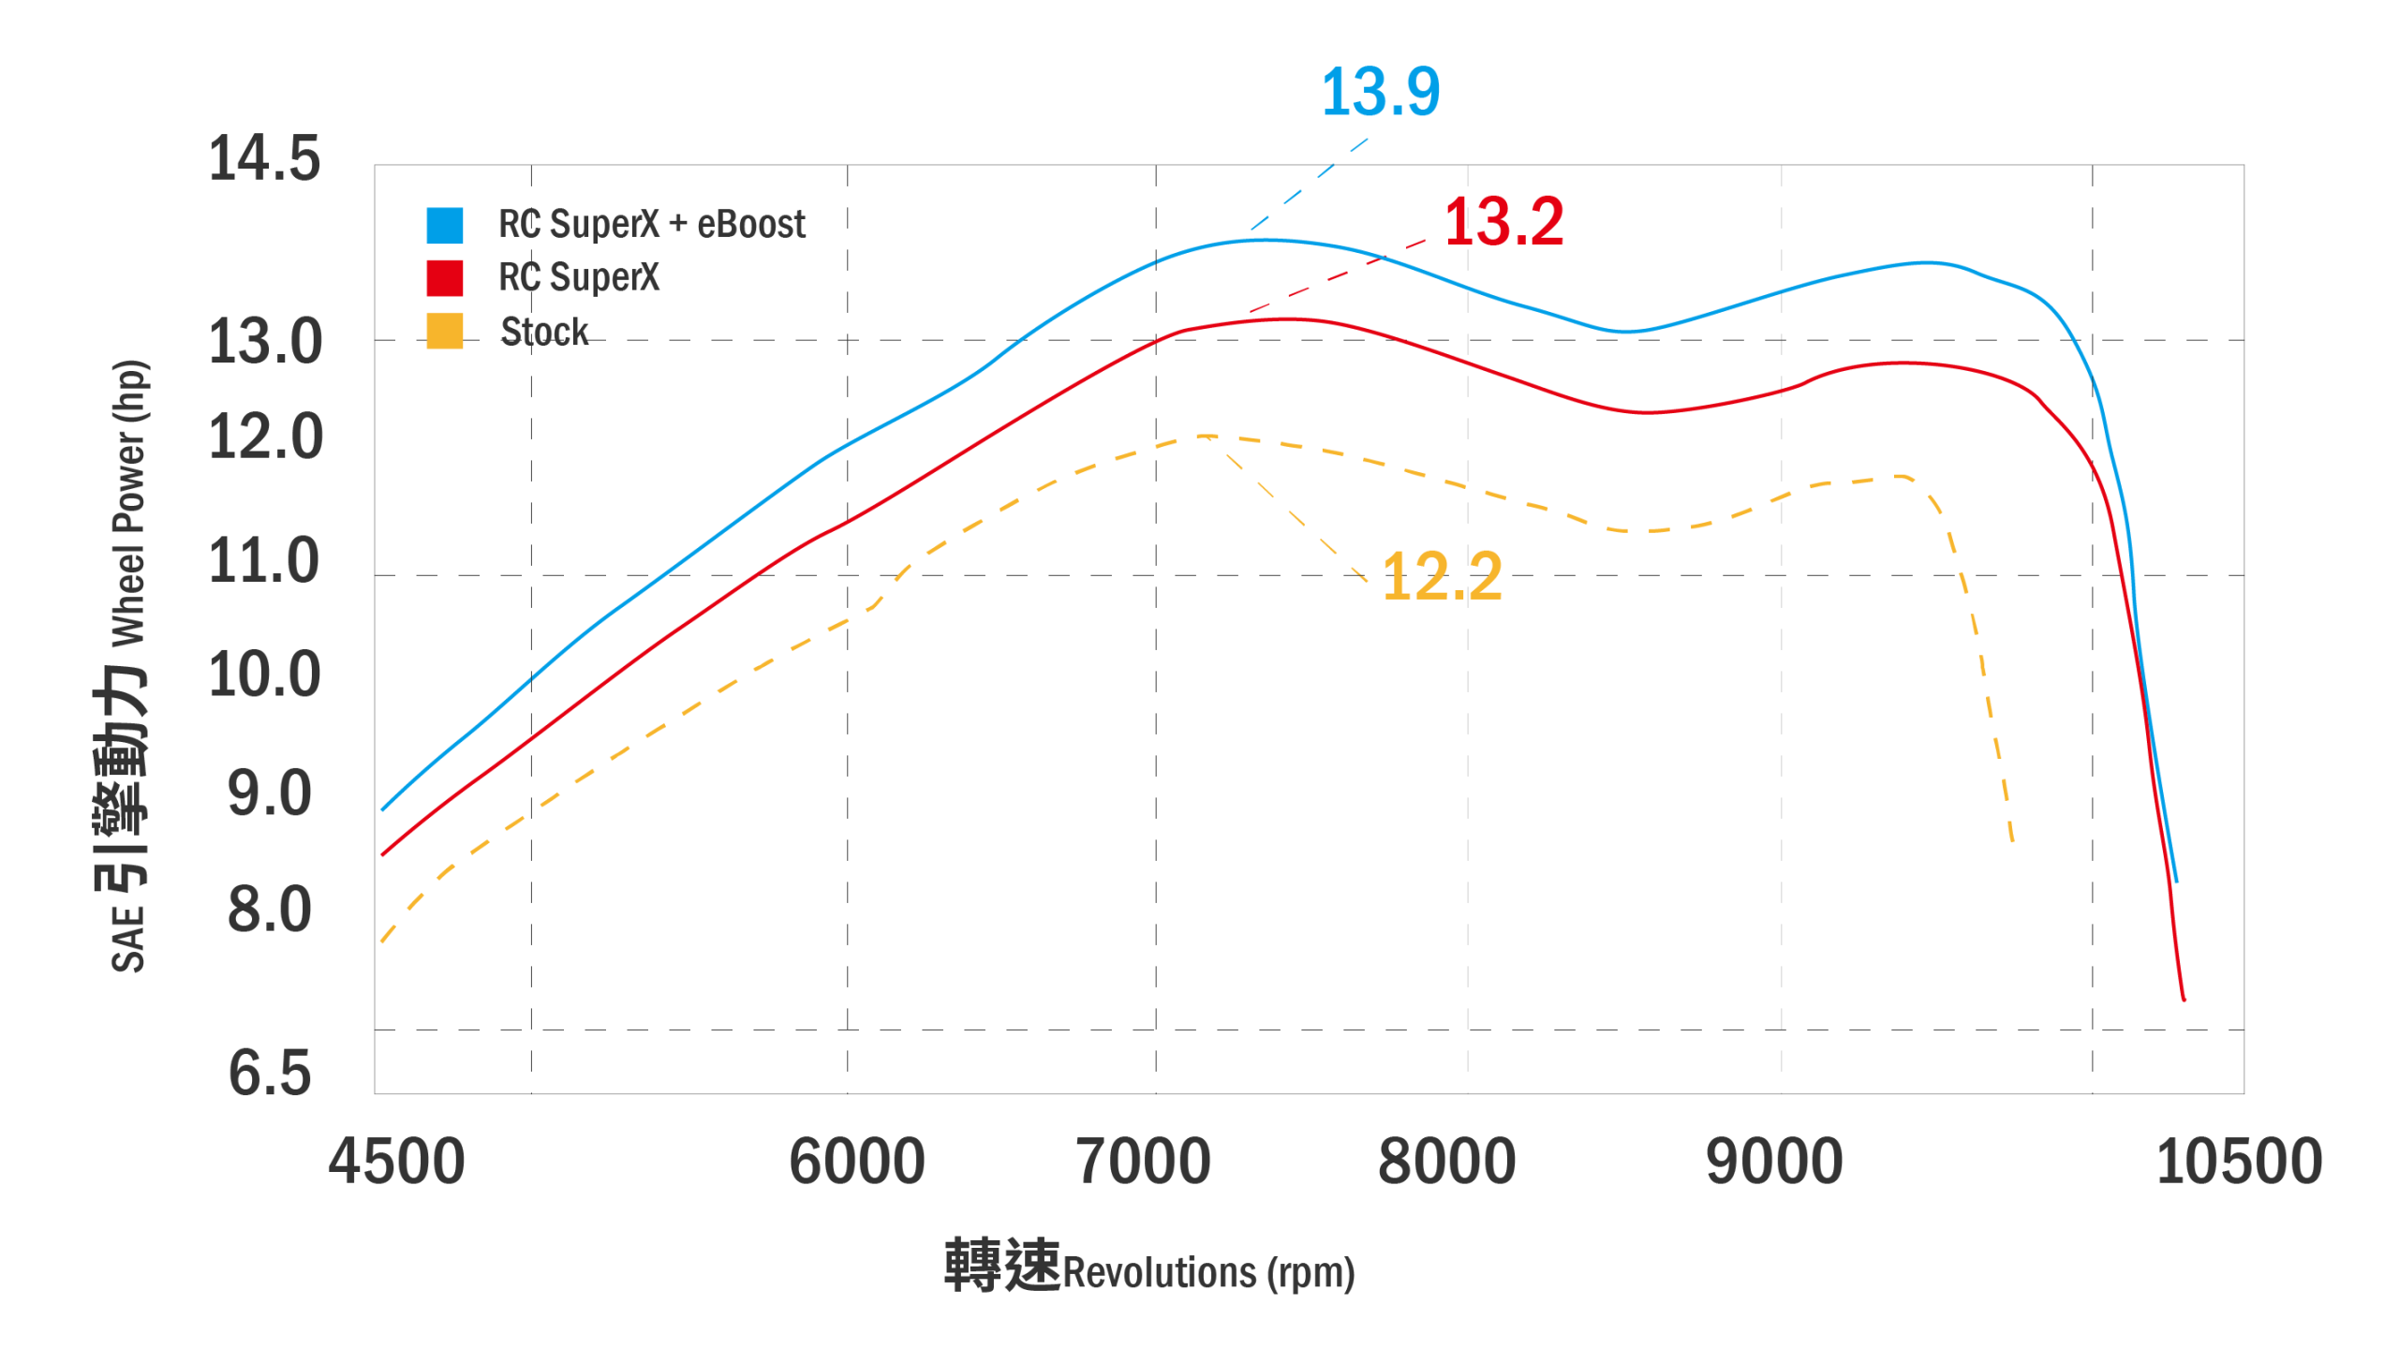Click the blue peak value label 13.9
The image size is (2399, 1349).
coord(1380,93)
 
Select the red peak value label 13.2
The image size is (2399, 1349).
coord(1503,223)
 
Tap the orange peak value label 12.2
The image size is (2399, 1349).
coord(1442,577)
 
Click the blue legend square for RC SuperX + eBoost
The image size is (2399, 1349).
coord(445,225)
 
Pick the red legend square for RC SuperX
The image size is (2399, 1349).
coord(445,278)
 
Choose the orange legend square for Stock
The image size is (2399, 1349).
coord(445,332)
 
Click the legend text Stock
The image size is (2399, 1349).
coord(544,333)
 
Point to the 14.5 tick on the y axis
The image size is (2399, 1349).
coord(264,158)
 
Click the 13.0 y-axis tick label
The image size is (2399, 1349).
coord(265,342)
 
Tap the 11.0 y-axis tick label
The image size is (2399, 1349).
coord(264,561)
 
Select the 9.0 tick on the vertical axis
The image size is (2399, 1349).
coord(270,793)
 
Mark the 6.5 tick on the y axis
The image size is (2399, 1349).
coord(270,1073)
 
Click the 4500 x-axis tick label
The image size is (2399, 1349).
coord(396,1162)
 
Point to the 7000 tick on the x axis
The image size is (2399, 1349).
coord(1144,1162)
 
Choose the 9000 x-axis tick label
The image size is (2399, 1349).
coord(1774,1162)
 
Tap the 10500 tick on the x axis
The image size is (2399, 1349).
coord(2239,1162)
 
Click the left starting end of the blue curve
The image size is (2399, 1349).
coord(383,809)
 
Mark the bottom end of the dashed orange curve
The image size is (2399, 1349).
coord(2012,841)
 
